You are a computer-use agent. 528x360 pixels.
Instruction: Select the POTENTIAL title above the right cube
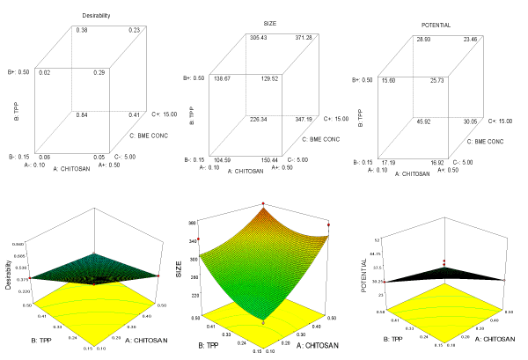pyautogui.click(x=436, y=26)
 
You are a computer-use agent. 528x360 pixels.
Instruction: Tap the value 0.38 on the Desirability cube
pyautogui.click(x=82, y=31)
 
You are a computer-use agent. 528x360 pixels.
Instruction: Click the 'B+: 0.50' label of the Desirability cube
pyautogui.click(x=16, y=73)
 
